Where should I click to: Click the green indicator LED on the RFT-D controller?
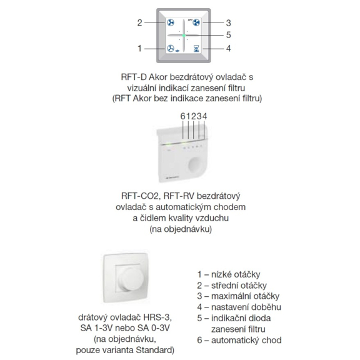(184, 36)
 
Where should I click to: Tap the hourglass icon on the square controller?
(196, 49)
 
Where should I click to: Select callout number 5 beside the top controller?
(228, 35)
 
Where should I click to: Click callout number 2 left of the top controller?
(139, 22)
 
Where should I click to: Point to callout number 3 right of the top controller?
(228, 23)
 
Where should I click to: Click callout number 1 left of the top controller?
(139, 49)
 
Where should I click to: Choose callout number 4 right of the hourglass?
(228, 49)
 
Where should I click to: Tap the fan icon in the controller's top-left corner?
(171, 22)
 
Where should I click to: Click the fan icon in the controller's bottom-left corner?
(171, 49)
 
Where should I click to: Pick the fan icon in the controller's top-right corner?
(196, 22)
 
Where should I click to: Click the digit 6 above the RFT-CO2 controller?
(182, 116)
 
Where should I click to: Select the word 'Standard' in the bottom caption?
(155, 350)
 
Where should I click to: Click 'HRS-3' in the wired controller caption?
(157, 317)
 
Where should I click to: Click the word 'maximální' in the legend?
(231, 296)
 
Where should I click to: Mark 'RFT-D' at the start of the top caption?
(134, 77)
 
